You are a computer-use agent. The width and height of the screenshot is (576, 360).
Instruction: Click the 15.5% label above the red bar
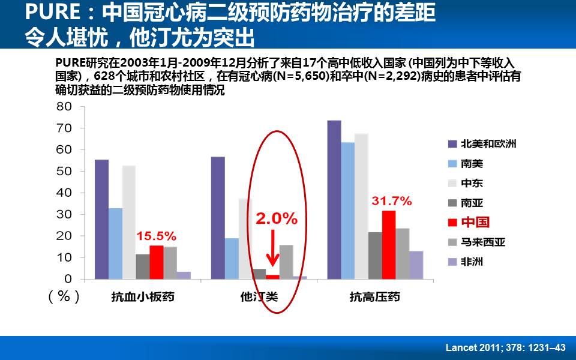[157, 235]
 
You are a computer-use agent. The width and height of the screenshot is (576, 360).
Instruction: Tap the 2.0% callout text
[277, 219]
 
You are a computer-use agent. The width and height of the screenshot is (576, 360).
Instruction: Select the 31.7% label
[391, 201]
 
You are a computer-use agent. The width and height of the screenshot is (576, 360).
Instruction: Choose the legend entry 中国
[475, 223]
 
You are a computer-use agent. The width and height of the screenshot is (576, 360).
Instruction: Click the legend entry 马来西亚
[483, 242]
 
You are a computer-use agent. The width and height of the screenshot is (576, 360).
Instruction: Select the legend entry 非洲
[472, 262]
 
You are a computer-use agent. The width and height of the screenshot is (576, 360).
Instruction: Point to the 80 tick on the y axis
[64, 107]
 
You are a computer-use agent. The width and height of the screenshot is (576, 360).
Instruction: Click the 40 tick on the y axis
[64, 193]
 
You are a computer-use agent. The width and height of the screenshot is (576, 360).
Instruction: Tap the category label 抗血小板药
[142, 296]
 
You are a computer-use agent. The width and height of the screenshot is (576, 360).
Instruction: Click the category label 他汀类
[259, 296]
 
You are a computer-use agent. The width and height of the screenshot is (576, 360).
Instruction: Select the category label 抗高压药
[375, 296]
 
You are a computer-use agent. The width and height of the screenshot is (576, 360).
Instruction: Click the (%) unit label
[63, 296]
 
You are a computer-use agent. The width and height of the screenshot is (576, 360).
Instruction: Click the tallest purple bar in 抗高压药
[334, 200]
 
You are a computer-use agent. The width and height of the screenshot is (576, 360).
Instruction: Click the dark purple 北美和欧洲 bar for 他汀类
[218, 218]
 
